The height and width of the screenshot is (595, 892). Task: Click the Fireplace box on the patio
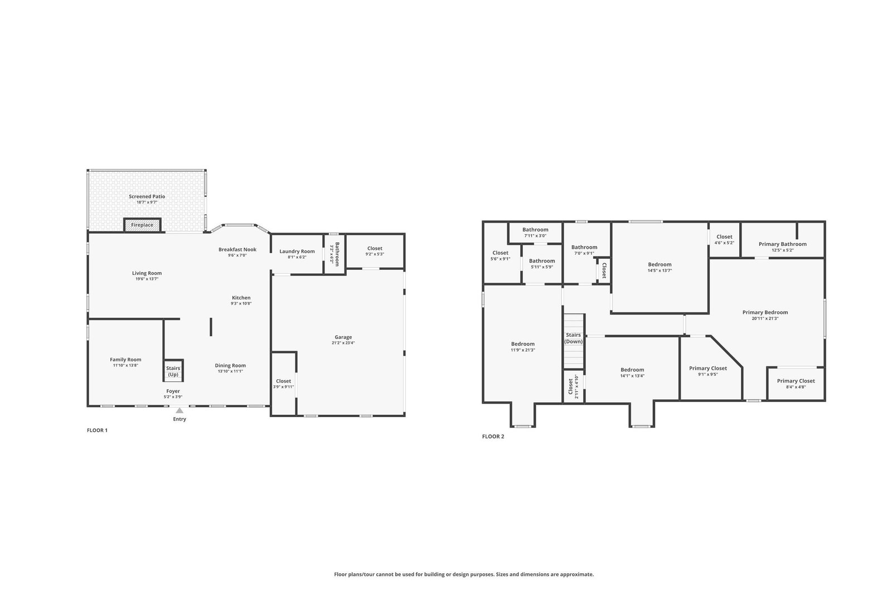(x=142, y=225)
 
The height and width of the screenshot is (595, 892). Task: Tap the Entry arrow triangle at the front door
(x=180, y=410)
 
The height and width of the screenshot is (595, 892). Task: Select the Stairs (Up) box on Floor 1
(x=173, y=370)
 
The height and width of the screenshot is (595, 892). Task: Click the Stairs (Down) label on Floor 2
(x=574, y=338)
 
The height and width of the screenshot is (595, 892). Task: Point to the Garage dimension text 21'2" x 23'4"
(x=343, y=342)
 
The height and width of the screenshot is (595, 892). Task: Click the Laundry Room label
(x=297, y=251)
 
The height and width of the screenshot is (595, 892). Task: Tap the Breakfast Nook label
(x=237, y=249)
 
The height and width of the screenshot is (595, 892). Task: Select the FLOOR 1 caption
(x=97, y=430)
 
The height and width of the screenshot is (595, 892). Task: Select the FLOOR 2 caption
(x=493, y=436)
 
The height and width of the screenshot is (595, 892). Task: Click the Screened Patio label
(x=147, y=196)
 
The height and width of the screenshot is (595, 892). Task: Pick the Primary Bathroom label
(x=783, y=244)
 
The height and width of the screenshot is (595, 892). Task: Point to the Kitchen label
(x=241, y=298)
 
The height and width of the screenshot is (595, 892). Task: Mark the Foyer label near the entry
(x=173, y=391)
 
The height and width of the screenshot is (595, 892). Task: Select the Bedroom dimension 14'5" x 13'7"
(x=660, y=270)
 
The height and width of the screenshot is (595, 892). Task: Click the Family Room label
(x=125, y=360)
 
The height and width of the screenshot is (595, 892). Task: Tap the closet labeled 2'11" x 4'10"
(x=574, y=386)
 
